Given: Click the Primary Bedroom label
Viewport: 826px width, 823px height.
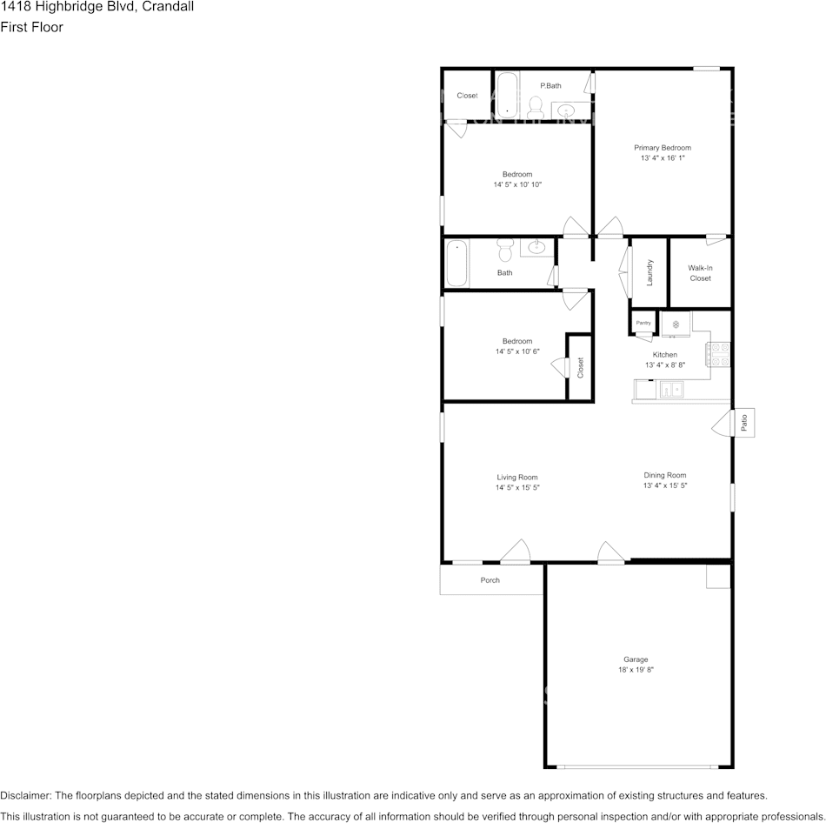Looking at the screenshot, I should click(663, 148).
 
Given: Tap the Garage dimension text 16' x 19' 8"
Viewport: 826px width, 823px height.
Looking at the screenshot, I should click(635, 670).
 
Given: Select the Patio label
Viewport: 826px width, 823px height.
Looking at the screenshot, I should click(744, 423).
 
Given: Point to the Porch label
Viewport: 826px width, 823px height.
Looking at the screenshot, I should click(490, 580).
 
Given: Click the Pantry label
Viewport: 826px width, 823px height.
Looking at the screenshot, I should click(643, 323).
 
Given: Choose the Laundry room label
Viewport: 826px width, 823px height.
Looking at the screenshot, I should click(649, 272).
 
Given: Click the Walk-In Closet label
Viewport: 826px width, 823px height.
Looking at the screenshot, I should click(700, 273).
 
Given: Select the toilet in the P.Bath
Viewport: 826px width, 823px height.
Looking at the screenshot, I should click(536, 107).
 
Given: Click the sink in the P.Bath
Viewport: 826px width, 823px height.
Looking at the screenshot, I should click(566, 110).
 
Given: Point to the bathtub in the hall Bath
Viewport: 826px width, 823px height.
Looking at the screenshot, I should click(457, 264).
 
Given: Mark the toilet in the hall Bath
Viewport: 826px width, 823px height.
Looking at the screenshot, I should click(505, 251).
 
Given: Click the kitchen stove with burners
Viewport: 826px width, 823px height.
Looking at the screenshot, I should click(720, 353).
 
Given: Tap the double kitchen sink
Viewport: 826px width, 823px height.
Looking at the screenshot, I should click(671, 391).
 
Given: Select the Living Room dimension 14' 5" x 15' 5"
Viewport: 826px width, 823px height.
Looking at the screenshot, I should click(517, 488).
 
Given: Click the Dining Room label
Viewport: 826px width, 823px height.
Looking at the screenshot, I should click(665, 475).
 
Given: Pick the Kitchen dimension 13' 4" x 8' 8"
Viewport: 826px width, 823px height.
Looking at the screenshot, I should click(665, 365).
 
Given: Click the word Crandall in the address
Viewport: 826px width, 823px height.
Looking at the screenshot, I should click(165, 7).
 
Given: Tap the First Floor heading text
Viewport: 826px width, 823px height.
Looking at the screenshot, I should click(31, 27).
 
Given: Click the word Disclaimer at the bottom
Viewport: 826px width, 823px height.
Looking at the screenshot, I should click(25, 795).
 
